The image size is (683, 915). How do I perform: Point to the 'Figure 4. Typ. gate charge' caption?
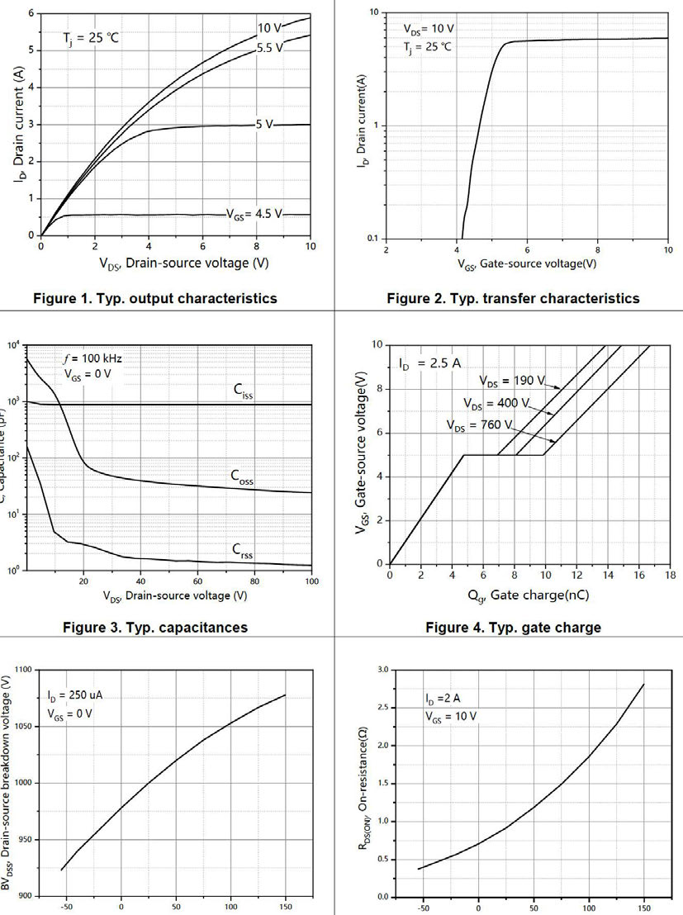coord(513,628)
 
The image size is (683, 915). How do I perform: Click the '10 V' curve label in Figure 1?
coord(268,27)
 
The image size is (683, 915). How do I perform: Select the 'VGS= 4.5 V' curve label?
coord(254,214)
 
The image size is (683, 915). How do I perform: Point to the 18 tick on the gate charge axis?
coord(668,575)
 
